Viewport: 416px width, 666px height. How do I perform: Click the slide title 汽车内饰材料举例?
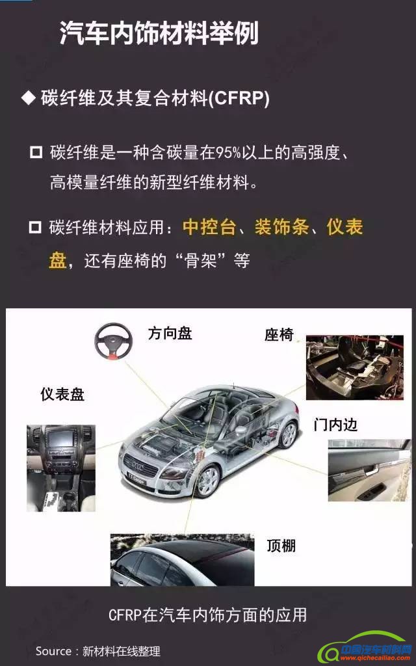159,33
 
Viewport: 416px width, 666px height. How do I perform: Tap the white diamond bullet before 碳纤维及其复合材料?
29,99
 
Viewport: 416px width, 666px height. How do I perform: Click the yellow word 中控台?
209,227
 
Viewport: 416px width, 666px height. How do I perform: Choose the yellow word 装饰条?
282,227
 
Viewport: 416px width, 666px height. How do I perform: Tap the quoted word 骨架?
201,260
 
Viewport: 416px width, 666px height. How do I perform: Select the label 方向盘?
170,334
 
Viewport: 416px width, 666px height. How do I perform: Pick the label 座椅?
279,335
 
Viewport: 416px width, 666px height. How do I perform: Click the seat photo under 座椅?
355,367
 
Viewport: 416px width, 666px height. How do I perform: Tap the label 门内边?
335,424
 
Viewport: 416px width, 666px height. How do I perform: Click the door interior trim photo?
369,470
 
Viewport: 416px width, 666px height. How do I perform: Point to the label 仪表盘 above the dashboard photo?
62,394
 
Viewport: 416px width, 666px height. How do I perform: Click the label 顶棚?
281,546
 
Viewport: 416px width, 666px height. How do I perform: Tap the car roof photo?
182,560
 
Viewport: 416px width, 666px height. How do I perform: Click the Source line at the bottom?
98,651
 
